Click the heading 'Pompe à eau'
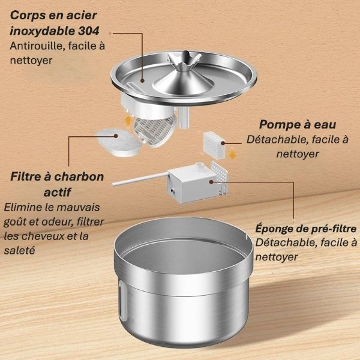pyautogui.click(x=297, y=124)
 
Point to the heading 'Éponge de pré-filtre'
pyautogui.click(x=306, y=229)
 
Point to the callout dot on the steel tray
pyautogui.click(x=143, y=79)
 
